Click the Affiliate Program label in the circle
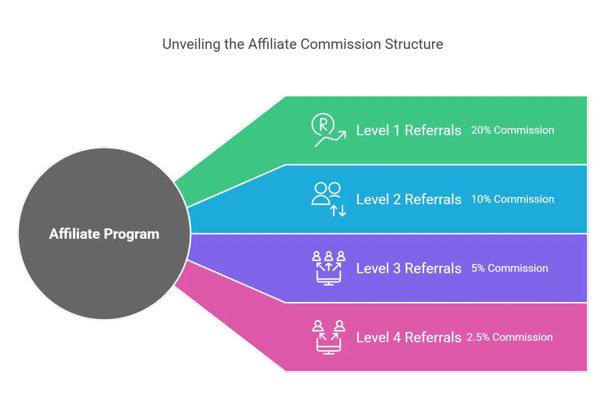pos(104,234)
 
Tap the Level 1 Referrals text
pos(409,130)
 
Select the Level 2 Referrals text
pos(409,199)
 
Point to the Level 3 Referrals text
pos(409,268)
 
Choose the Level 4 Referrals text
pos(409,337)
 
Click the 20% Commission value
pos(512,130)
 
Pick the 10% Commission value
pos(512,199)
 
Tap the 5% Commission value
pos(509,268)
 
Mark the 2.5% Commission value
pos(510,337)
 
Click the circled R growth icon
pos(328,131)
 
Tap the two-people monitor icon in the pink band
pos(329,337)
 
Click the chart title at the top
pos(302,45)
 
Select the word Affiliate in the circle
pos(75,234)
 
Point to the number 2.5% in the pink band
pos(478,337)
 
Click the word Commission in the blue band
pos(524,199)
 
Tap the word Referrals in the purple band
pos(433,268)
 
